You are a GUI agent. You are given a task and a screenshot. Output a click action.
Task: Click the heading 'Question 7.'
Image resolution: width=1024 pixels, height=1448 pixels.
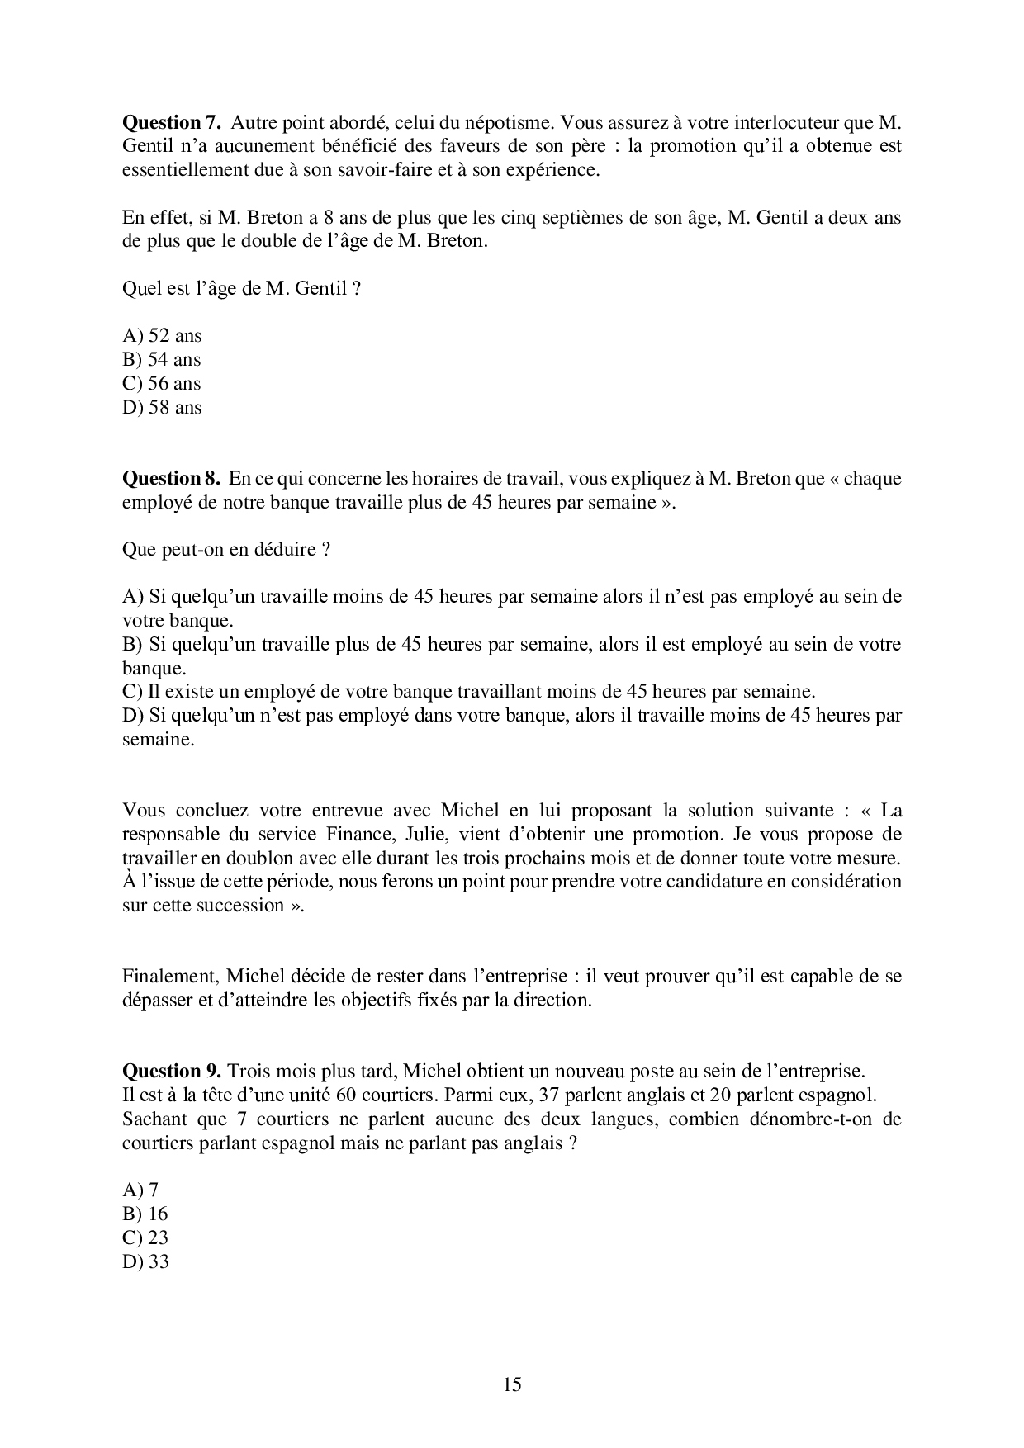172,123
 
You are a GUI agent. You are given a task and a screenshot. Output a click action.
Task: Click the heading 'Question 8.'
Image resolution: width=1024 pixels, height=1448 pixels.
172,478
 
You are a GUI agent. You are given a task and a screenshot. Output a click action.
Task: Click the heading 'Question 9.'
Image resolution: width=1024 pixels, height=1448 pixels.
172,1071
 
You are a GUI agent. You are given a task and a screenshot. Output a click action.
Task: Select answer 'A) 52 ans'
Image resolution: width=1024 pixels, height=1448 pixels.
162,335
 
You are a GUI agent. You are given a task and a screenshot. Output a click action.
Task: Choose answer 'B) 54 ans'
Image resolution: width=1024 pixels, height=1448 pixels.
162,359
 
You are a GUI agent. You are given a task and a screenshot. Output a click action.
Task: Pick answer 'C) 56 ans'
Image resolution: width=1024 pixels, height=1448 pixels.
162,383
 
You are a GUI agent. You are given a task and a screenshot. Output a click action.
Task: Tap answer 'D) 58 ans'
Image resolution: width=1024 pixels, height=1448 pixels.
162,407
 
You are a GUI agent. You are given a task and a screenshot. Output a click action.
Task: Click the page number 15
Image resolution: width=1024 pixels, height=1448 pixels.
511,1384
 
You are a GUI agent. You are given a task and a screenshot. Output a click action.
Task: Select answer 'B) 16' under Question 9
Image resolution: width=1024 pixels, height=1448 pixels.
145,1214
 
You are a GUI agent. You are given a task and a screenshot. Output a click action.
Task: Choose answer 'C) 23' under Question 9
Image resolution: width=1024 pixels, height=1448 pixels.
145,1237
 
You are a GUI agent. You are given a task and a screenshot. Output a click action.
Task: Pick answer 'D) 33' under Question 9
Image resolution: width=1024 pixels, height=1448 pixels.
145,1261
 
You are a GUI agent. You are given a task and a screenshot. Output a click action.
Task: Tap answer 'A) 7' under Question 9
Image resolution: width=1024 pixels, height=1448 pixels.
140,1190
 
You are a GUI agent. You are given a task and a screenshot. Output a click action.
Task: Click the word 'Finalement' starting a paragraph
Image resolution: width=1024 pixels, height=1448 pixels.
169,976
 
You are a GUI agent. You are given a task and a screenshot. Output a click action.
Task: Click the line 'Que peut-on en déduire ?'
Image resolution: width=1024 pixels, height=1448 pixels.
226,549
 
